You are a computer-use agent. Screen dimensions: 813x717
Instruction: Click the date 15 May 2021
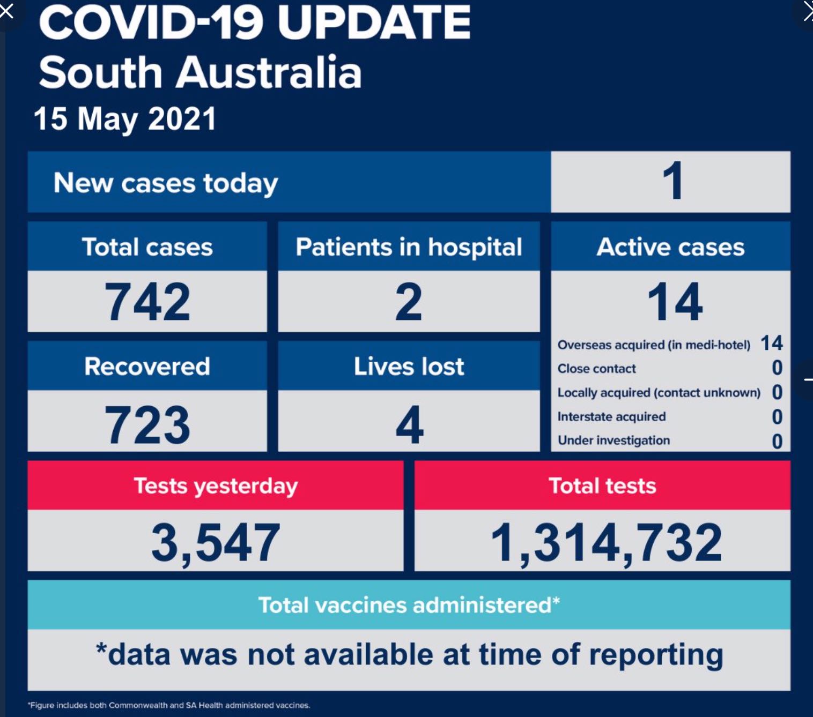[x=125, y=119]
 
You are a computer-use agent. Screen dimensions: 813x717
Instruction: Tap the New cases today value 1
[x=673, y=180]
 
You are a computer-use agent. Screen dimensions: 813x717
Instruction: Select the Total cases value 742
[x=147, y=302]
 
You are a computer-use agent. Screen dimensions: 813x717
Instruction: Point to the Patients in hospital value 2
[x=409, y=302]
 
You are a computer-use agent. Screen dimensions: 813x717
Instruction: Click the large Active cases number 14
[x=675, y=302]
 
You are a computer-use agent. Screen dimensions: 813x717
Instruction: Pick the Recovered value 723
[x=147, y=424]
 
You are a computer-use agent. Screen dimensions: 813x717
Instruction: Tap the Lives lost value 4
[x=409, y=424]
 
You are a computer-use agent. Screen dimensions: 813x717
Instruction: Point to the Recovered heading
[x=147, y=366]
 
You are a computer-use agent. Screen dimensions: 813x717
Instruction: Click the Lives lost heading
[x=409, y=366]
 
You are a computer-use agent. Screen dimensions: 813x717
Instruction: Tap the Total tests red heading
[x=602, y=486]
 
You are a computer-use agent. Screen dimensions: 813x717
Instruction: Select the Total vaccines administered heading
[x=409, y=604]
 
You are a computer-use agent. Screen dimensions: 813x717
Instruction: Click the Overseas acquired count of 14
[x=772, y=343]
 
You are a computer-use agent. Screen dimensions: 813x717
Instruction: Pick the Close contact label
[x=597, y=369]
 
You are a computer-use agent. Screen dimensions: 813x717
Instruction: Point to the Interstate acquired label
[x=611, y=417]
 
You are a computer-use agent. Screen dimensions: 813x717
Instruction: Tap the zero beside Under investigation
[x=777, y=441]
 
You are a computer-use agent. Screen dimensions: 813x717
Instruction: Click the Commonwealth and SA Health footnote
[x=169, y=705]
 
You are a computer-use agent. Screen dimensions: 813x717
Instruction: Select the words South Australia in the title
[x=200, y=72]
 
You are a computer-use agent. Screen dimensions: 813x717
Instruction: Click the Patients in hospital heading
[x=409, y=247]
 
